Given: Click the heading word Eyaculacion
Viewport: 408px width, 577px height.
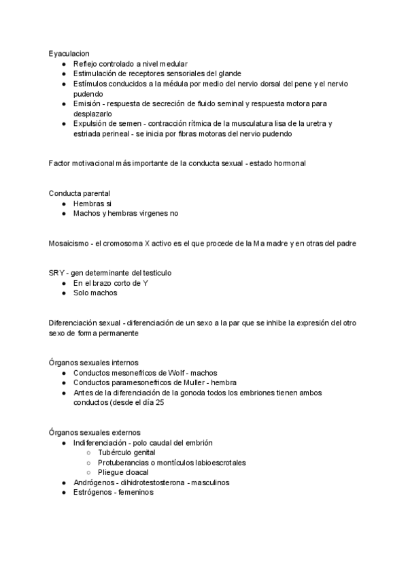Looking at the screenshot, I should [69, 53].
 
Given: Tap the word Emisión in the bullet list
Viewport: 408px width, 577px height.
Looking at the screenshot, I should [88, 104].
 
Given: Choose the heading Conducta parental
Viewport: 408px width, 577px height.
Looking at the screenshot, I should [80, 194].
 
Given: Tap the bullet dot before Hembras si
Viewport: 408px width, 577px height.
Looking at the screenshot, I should [63, 203].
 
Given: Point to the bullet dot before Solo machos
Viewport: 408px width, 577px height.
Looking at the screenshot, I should [63, 293].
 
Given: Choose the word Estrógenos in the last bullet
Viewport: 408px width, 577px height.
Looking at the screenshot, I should [94, 492].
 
